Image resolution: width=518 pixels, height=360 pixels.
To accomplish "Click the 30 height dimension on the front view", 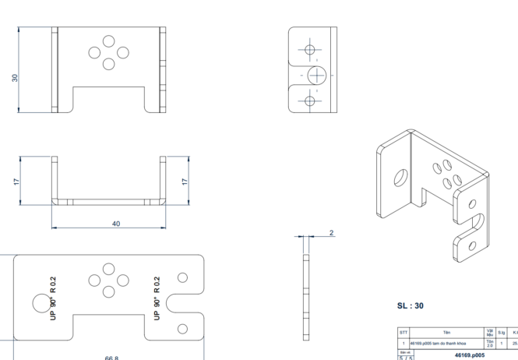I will [15, 78].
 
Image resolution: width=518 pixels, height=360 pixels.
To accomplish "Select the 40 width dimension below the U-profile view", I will [116, 224].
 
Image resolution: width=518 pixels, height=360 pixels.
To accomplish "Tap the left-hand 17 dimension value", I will [16, 181].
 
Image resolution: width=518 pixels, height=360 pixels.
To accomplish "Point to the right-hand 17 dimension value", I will [185, 181].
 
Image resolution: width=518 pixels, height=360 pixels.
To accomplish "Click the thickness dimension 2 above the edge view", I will [331, 232].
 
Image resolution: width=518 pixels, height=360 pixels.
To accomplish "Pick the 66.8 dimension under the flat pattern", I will [111, 358].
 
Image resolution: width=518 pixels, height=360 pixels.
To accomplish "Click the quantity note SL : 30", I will [410, 305].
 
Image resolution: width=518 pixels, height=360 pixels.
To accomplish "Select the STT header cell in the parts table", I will [403, 332].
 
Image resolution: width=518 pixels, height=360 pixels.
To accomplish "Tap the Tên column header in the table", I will [446, 332].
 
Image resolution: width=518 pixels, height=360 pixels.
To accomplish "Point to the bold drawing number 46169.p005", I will [470, 355].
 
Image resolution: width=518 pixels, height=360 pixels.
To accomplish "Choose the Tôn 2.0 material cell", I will [490, 343].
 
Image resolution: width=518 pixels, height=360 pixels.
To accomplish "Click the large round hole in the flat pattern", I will [40, 302].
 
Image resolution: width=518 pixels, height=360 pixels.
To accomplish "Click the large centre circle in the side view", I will [316, 75].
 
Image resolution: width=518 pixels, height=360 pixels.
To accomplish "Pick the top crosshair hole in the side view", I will [310, 50].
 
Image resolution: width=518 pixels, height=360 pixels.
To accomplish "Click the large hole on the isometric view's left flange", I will [400, 177].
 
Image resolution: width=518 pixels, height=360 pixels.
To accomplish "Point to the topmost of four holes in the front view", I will [109, 41].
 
